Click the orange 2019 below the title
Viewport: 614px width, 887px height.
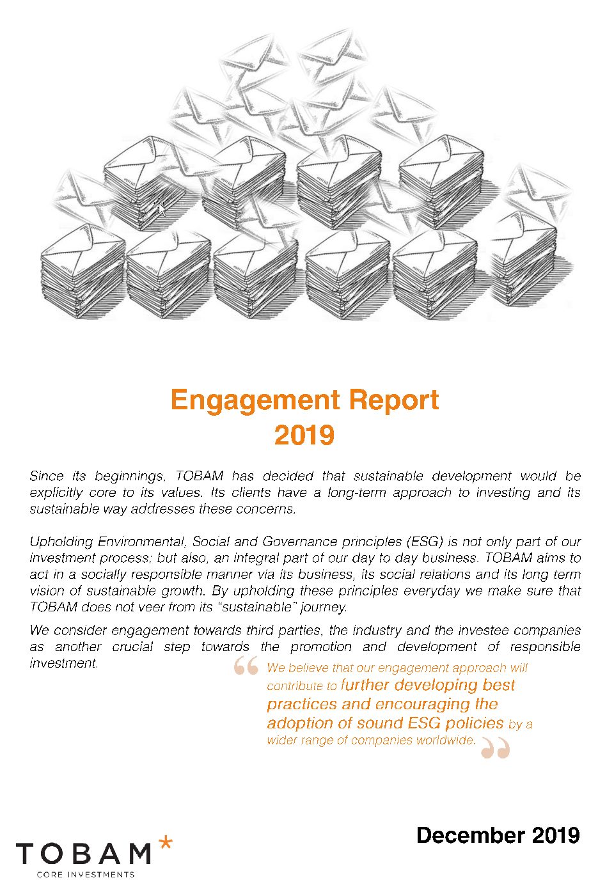304,435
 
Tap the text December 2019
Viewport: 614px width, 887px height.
498,835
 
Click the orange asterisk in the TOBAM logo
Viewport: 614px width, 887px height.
165,843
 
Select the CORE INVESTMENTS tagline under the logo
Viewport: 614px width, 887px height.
86,874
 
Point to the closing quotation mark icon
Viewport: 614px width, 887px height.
496,747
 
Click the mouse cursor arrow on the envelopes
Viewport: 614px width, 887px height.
161,208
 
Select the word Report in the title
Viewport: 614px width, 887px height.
395,400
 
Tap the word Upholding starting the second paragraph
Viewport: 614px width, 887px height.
60,542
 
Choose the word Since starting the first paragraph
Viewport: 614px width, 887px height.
46,476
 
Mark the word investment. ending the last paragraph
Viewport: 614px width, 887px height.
64,663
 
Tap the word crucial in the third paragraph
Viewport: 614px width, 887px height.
132,647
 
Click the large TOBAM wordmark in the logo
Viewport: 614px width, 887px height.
83,854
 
